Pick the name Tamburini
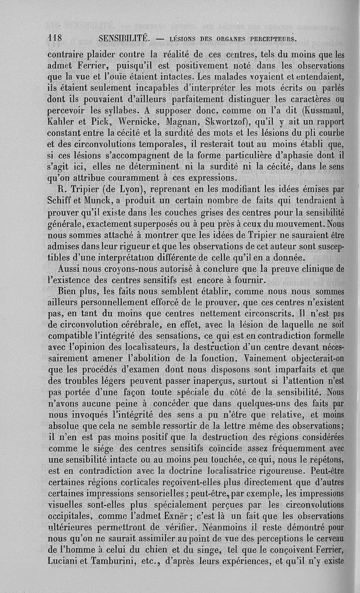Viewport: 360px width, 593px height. point(119,561)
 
